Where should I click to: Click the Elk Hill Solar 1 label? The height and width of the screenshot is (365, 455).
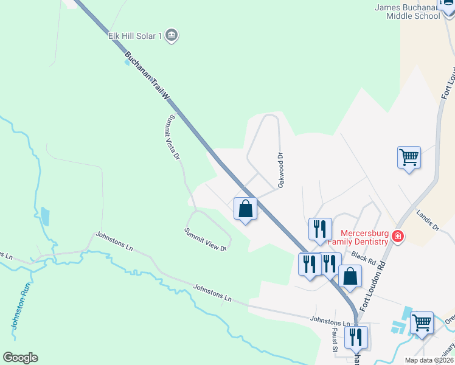coord(134,36)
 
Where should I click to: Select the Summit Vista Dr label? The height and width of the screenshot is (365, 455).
coord(174,137)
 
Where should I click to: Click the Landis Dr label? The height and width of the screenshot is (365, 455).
coord(428,220)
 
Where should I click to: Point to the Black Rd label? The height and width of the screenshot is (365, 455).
coord(363,258)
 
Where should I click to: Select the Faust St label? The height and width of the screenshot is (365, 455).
coord(335,339)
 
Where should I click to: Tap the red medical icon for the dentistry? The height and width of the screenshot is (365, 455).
coord(398,236)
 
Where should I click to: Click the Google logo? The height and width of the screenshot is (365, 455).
coord(20,358)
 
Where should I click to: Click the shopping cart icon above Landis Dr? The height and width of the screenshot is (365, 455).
coord(409,157)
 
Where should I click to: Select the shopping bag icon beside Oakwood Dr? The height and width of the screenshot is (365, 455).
coord(245,209)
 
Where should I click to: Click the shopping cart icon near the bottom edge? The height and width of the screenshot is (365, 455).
coord(422,322)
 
